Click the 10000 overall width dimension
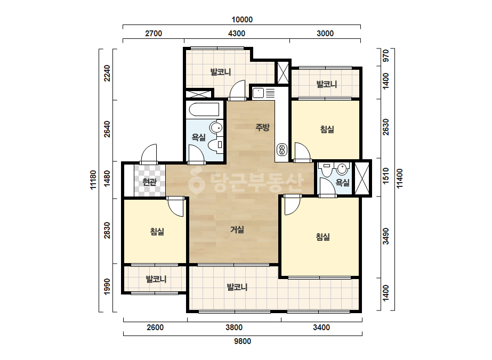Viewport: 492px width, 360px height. (242, 20)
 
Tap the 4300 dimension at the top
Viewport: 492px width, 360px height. (237, 33)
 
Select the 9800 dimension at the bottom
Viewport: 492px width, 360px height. (243, 341)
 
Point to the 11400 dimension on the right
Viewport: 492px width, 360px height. (399, 179)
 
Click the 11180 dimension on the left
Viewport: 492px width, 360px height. (93, 179)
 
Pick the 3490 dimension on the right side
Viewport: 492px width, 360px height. (385, 236)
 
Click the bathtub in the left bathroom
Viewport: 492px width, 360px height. (204, 110)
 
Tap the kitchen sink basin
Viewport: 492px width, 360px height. (259, 93)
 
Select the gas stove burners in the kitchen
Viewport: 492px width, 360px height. (281, 150)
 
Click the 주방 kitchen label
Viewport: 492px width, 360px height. (262, 127)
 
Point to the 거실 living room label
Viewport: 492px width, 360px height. (237, 230)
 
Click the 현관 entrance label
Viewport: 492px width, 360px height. (149, 182)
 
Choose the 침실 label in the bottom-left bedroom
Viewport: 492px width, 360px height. (157, 232)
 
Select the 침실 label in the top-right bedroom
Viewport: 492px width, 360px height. (327, 129)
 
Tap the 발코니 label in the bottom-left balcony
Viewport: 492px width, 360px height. (156, 279)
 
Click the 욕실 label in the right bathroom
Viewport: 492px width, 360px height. (342, 182)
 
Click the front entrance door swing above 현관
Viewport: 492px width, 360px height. (149, 154)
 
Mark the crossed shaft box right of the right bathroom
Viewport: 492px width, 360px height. (362, 178)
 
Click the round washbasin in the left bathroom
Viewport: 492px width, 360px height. (216, 128)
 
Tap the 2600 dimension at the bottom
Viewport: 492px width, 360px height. (155, 328)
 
